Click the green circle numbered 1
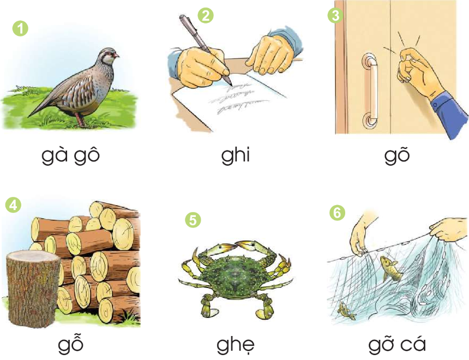[x=20, y=29]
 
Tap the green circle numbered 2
[x=206, y=15]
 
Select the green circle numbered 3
[x=335, y=15]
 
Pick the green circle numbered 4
[x=13, y=205]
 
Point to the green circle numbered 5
[x=193, y=220]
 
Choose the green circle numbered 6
[x=337, y=213]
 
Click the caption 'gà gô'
[x=70, y=155]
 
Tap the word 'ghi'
[x=236, y=155]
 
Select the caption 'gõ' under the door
[x=397, y=155]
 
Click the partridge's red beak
[x=116, y=55]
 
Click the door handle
[x=370, y=90]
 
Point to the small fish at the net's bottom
[x=347, y=311]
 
